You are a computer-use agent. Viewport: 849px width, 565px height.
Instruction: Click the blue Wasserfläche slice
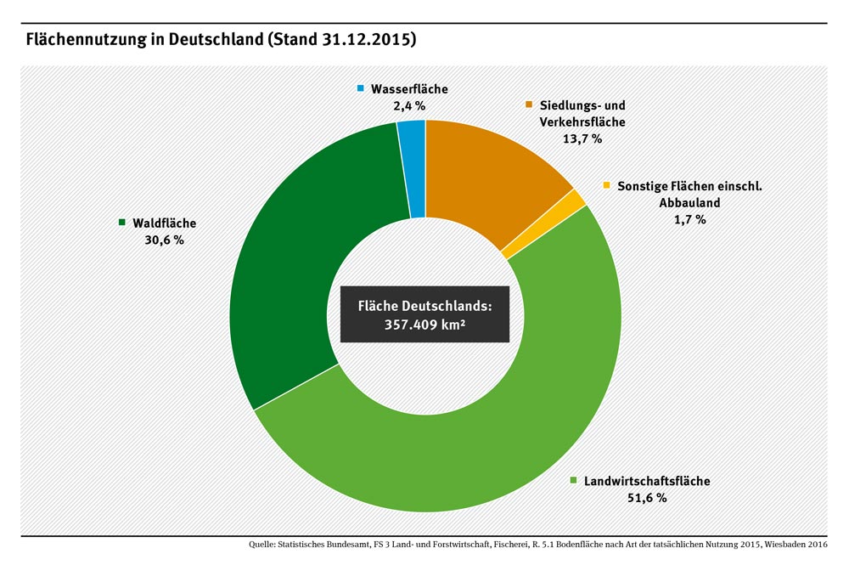pos(412,169)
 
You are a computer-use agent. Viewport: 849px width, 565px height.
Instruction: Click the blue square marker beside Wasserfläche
pos(360,89)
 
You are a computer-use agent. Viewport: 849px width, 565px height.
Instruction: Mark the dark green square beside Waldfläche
pos(121,223)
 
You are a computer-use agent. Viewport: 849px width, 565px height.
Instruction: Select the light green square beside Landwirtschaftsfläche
pos(575,481)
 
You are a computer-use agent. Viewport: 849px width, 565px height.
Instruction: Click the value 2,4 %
pos(408,106)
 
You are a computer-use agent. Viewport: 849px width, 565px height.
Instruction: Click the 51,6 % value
pos(647,498)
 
